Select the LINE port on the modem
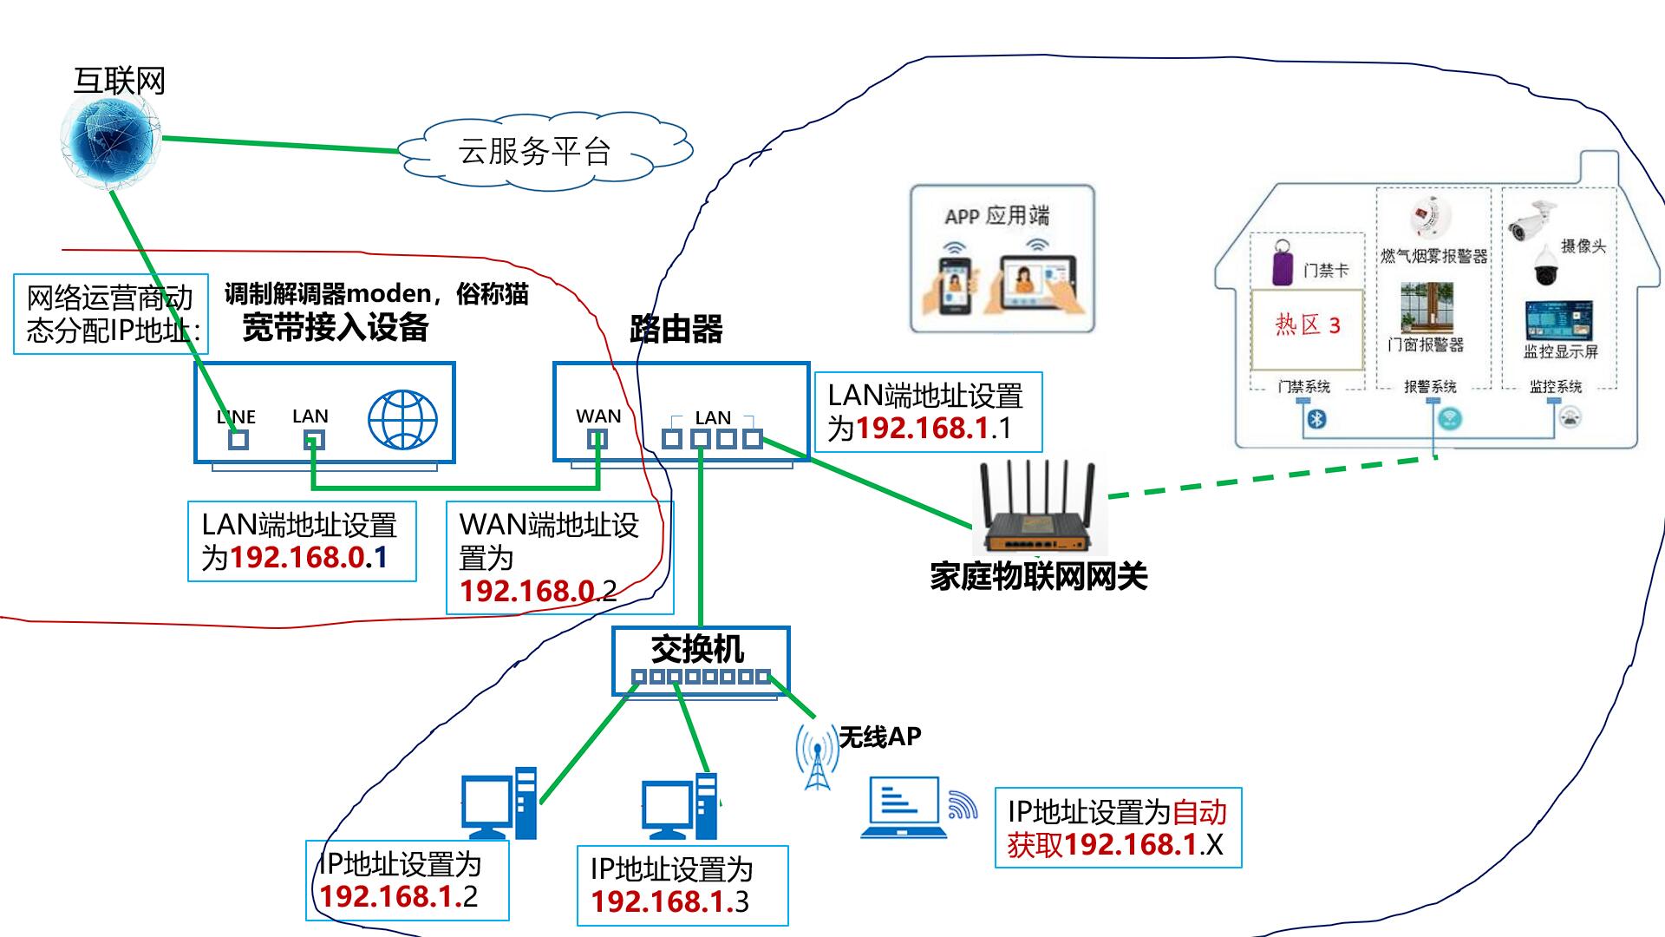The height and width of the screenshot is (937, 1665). pos(238,439)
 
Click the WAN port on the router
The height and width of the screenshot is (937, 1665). pos(597,439)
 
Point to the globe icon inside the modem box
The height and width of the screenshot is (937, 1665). pos(402,420)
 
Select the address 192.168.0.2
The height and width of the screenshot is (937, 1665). pos(538,591)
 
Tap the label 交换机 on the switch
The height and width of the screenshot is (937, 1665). pos(697,648)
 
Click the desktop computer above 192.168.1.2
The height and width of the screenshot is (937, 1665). pos(499,804)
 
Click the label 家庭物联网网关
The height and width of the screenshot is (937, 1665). pos(1038,577)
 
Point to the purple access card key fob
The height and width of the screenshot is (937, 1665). pos(1283,263)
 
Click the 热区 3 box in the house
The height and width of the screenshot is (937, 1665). pos(1307,327)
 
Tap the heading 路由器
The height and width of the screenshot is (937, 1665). pos(676,330)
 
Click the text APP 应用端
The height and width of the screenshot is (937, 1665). pos(997,215)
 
